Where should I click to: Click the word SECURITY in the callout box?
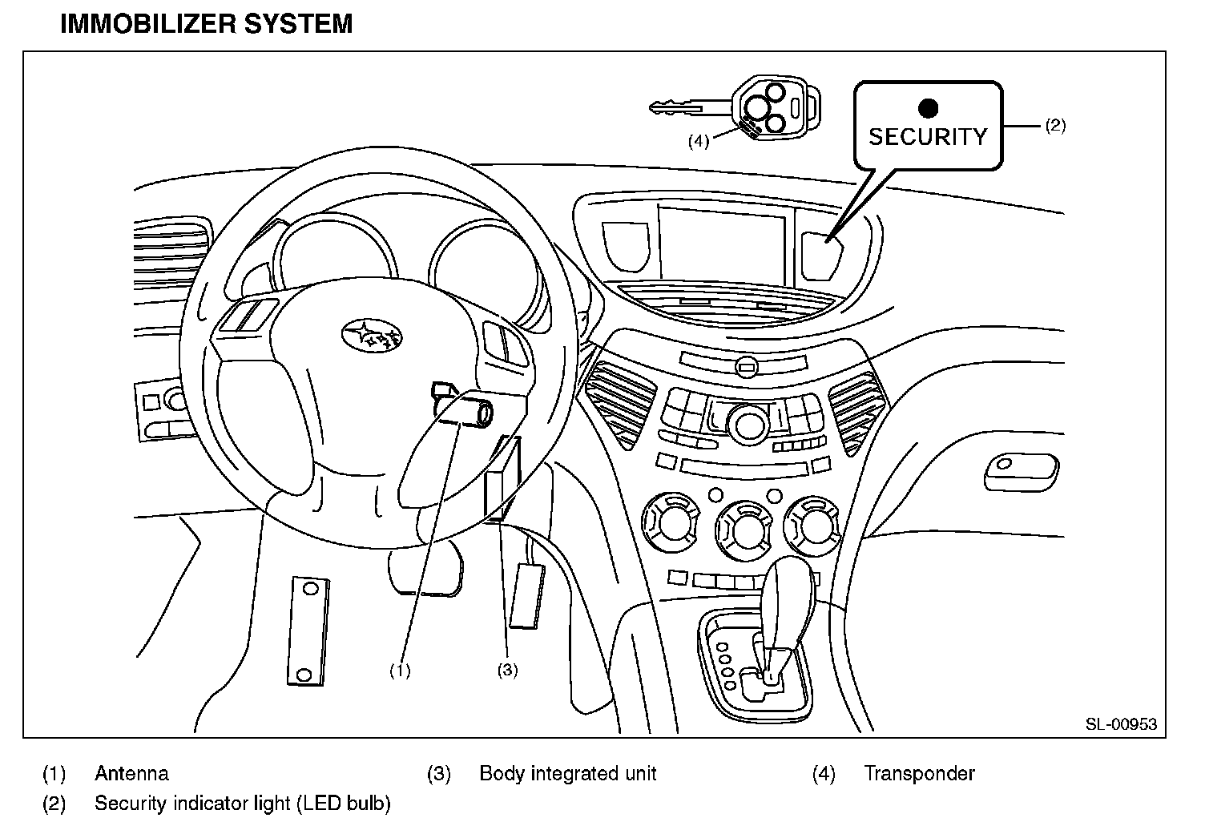pos(928,137)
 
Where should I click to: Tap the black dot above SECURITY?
pos(928,107)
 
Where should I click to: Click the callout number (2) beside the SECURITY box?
pos(1055,125)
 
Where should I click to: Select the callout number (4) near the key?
pos(699,141)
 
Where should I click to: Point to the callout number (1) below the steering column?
pos(400,671)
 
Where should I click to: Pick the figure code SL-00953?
pos(1121,724)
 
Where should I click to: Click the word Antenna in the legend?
pos(131,774)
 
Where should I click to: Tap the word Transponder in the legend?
pos(919,774)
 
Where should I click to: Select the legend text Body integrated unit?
pos(567,774)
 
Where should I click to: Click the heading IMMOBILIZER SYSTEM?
pos(207,24)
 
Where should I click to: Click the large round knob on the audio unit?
pos(748,424)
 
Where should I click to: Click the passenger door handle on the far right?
pos(1021,471)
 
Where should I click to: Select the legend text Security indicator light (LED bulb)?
pos(242,803)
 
